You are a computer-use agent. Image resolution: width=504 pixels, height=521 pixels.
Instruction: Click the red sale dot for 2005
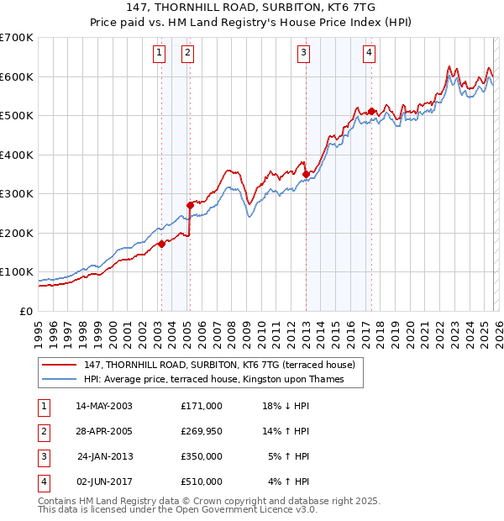(190, 205)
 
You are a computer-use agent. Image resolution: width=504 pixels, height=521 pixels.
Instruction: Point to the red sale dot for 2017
(370, 111)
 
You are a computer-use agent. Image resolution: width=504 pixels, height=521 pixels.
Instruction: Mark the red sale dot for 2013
(306, 174)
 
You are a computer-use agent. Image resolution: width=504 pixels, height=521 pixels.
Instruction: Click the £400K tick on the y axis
(17, 155)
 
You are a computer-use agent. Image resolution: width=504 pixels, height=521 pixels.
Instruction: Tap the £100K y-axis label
(17, 272)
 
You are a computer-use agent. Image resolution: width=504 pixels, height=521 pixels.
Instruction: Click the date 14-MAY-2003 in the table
(104, 406)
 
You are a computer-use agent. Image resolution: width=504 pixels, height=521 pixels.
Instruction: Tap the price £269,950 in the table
(202, 431)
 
